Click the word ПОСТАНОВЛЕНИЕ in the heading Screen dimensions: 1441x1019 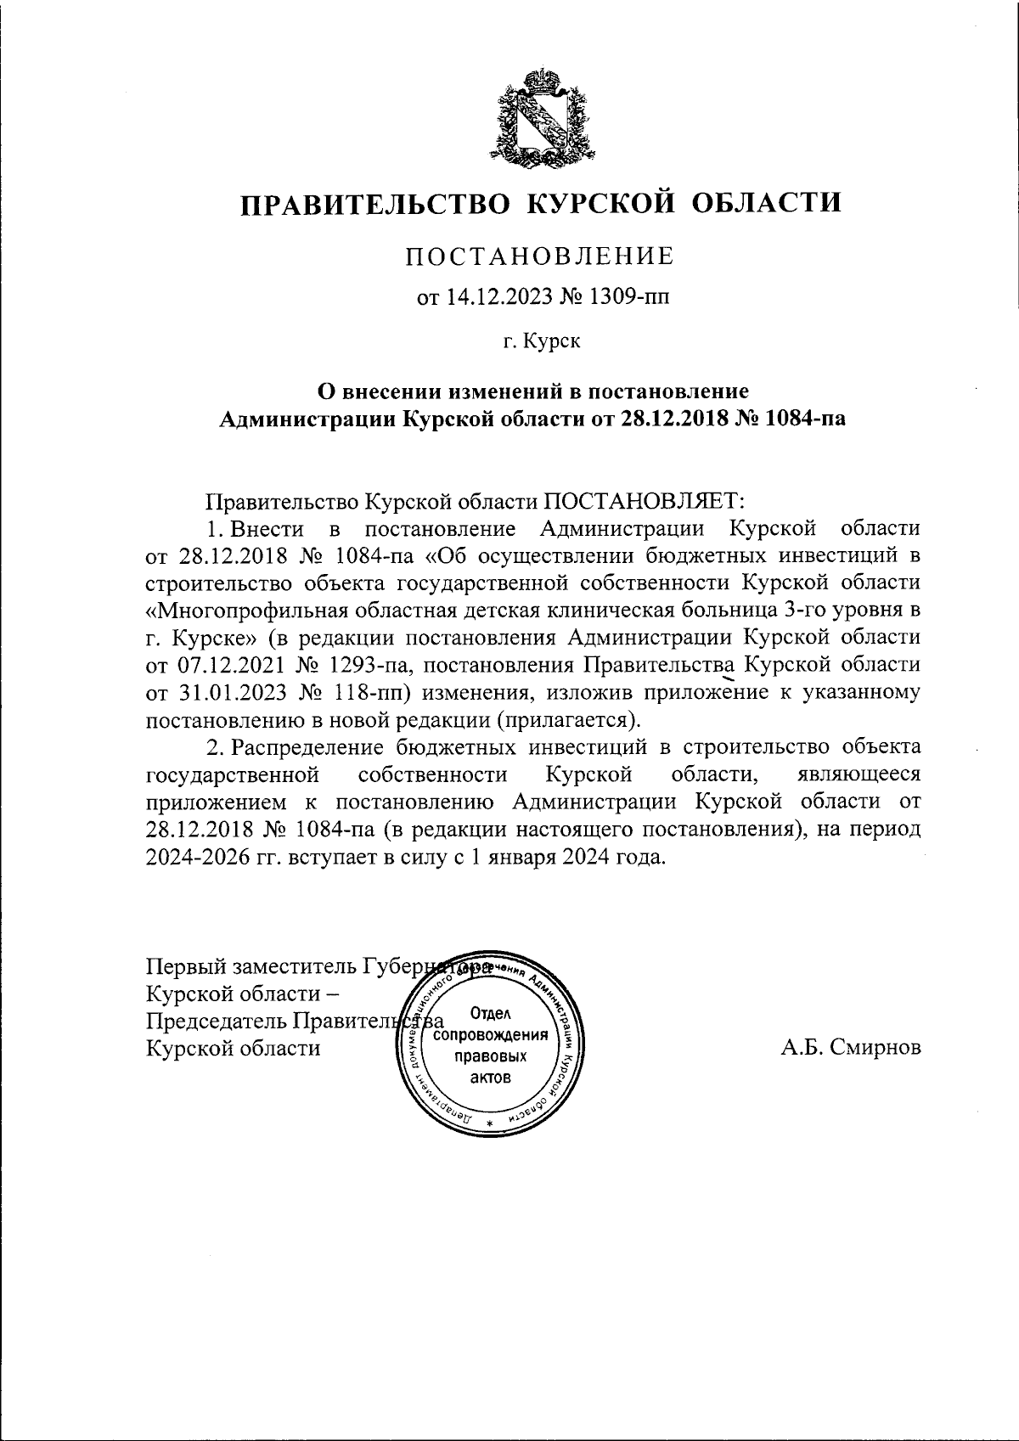click(x=540, y=256)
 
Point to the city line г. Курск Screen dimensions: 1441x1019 click(x=540, y=342)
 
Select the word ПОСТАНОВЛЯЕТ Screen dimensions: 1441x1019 click(x=644, y=501)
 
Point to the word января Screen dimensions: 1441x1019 click(x=523, y=856)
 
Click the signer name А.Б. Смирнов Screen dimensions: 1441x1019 click(x=851, y=1047)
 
